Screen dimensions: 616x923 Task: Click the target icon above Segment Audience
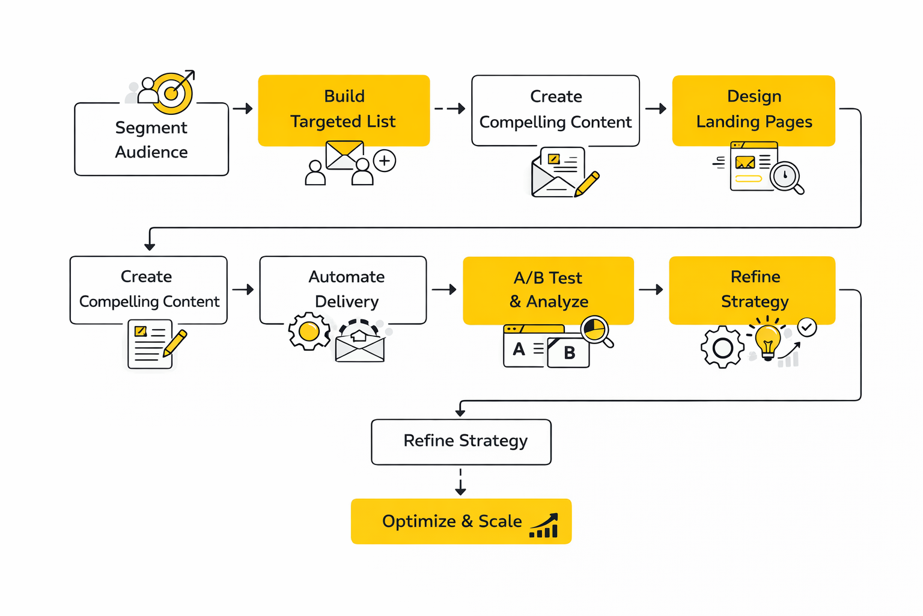coord(172,93)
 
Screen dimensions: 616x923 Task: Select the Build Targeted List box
coord(344,109)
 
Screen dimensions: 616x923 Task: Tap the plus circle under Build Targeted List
coord(385,161)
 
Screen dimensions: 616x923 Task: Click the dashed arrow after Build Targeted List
coord(450,109)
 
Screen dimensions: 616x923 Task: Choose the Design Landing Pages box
coord(754,109)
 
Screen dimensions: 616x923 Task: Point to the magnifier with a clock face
coord(786,177)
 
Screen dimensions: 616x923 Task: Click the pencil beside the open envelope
coord(587,183)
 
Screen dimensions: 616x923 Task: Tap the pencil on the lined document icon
coord(175,343)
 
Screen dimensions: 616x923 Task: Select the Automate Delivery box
coord(343,289)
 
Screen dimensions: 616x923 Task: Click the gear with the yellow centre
coord(309,331)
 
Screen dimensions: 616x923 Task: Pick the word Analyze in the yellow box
coord(557,301)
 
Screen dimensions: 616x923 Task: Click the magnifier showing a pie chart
coord(596,330)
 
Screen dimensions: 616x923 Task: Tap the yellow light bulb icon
coord(767,340)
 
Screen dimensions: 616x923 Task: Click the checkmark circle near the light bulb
coord(807,327)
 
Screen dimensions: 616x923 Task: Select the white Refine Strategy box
coord(461,442)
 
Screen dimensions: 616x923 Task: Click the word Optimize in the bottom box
coord(419,521)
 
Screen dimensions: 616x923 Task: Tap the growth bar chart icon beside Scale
coord(544,526)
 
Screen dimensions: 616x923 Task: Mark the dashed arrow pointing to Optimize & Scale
coord(461,482)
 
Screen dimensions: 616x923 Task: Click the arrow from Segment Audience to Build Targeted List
coord(243,109)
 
